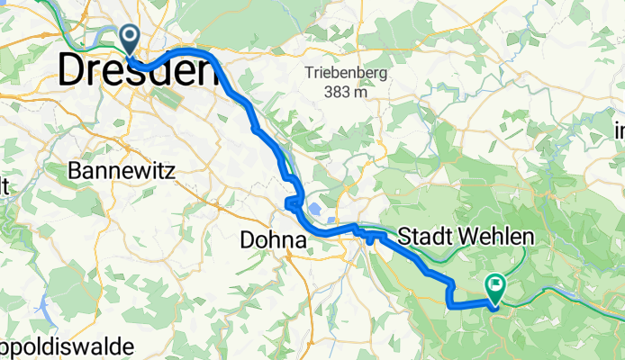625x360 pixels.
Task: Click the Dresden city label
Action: pos(139,71)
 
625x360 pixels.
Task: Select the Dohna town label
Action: pos(274,240)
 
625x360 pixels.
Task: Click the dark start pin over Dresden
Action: pos(130,39)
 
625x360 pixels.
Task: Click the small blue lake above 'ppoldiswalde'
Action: pos(43,311)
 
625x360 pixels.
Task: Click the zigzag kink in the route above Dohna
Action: pos(291,203)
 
